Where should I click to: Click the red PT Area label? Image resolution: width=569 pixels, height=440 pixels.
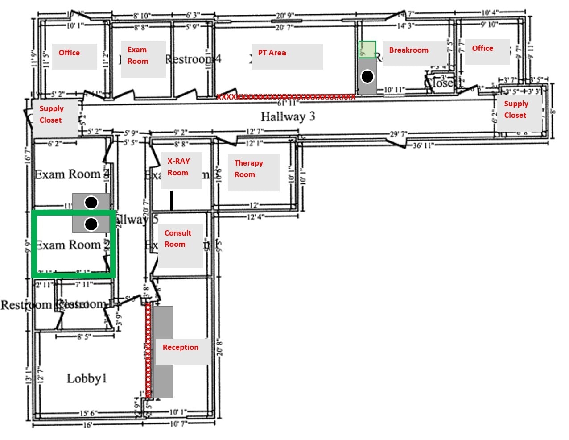[x=272, y=53]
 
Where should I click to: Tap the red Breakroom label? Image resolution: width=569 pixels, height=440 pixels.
[x=408, y=50]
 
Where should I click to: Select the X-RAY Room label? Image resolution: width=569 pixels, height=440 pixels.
[x=178, y=167]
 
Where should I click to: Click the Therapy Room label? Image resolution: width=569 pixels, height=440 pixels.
[x=248, y=169]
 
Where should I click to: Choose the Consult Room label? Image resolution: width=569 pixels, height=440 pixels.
[x=177, y=239]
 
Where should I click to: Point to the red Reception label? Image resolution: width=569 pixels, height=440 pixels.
[x=181, y=347]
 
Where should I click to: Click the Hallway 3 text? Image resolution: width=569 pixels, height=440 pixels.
[x=288, y=117]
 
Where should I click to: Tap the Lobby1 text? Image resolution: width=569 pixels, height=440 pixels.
[x=87, y=378]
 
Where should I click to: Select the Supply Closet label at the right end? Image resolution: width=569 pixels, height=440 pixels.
[x=516, y=109]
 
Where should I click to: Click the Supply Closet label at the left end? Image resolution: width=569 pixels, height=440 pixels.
[x=51, y=114]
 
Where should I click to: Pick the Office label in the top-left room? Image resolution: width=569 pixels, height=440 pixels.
[x=69, y=53]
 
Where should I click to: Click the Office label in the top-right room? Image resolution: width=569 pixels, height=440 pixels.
[x=482, y=48]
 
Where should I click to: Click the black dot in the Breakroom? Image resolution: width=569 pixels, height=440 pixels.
[x=367, y=77]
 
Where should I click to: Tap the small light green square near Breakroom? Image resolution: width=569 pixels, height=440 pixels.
[x=367, y=49]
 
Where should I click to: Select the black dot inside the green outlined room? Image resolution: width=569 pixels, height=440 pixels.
[x=91, y=224]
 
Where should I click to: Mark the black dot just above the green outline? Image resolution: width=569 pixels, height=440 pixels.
[x=91, y=203]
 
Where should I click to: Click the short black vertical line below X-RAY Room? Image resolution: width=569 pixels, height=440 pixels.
[x=171, y=200]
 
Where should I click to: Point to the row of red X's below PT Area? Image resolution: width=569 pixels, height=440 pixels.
[x=285, y=97]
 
